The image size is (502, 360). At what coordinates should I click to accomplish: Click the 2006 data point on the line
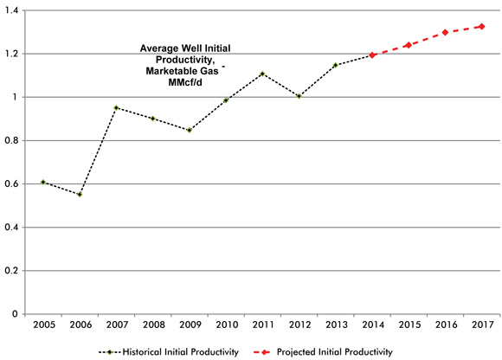point(80,195)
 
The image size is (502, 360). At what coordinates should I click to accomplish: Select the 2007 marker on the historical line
point(116,108)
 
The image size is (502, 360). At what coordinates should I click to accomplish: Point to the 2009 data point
point(189,130)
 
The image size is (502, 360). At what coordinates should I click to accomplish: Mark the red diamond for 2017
point(481,27)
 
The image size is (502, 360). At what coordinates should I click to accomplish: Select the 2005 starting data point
point(42,183)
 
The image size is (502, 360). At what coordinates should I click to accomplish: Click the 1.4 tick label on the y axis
point(15,10)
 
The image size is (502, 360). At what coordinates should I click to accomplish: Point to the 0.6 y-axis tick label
point(15,183)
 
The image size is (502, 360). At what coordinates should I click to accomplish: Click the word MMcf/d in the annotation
point(182,85)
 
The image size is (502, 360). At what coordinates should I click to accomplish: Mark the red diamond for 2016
point(445,33)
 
